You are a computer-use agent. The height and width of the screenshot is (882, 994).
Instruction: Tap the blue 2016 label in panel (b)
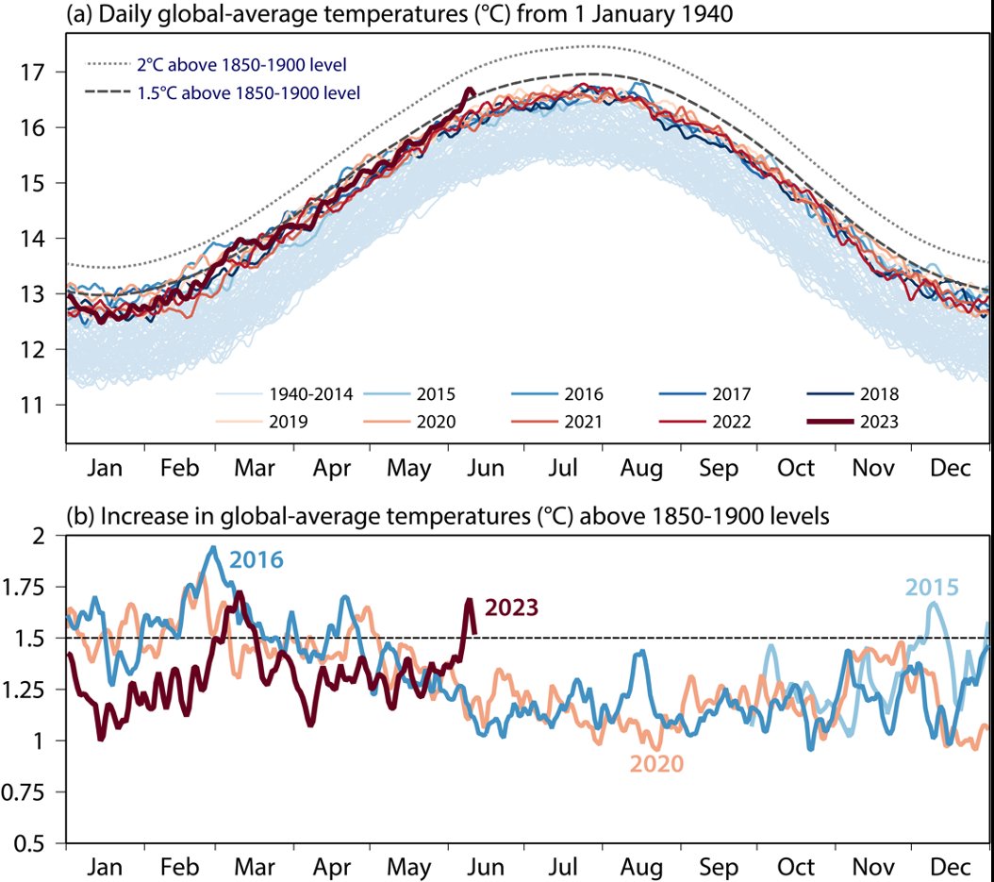coord(257,559)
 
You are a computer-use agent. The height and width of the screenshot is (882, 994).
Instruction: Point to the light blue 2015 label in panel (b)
coord(933,588)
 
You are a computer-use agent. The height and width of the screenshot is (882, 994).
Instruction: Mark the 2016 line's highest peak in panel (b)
coord(213,547)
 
